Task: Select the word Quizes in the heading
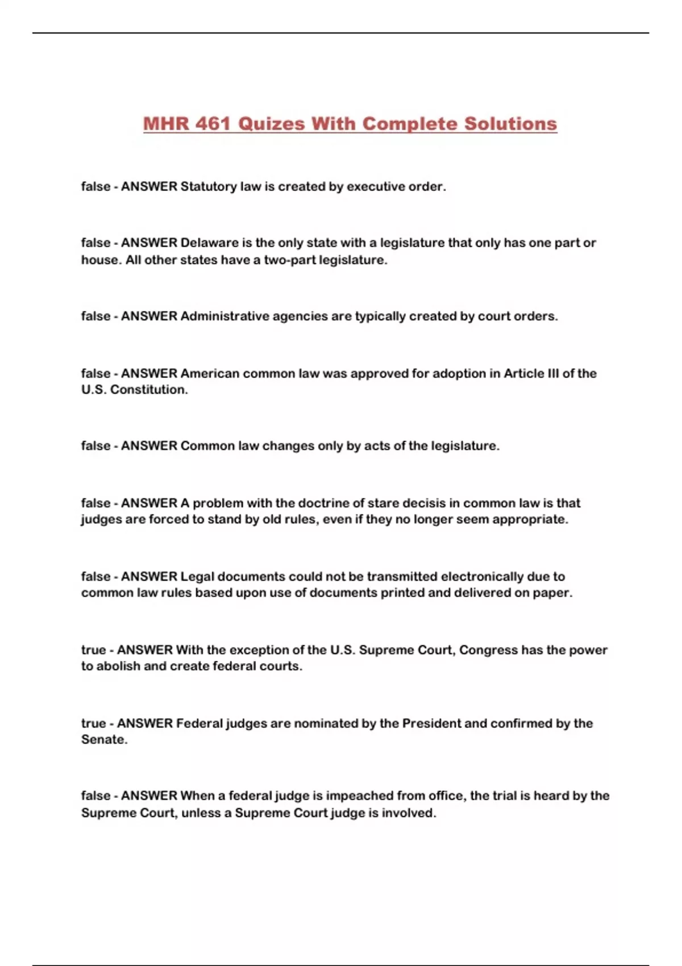tap(271, 124)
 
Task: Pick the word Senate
tap(103, 739)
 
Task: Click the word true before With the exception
tap(93, 649)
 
